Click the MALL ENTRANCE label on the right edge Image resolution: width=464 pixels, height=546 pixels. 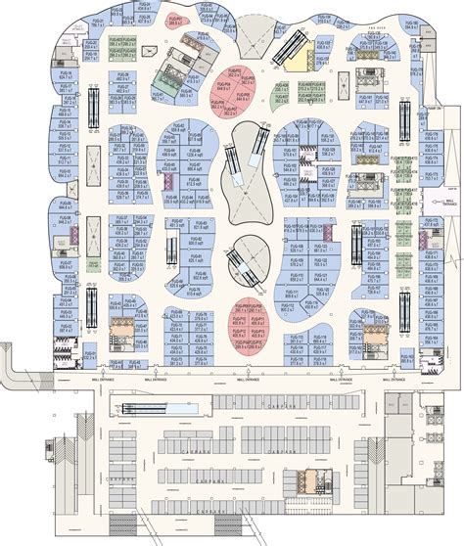coord(451,202)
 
